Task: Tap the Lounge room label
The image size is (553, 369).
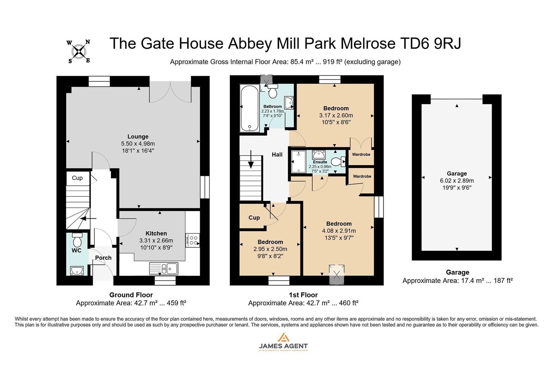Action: (x=138, y=137)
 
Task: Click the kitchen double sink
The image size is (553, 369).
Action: (x=164, y=269)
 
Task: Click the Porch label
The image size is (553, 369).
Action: (x=103, y=258)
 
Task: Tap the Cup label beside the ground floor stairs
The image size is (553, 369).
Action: (x=77, y=178)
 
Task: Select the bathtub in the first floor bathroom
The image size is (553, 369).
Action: (x=250, y=108)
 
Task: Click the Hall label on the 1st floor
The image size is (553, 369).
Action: (x=277, y=155)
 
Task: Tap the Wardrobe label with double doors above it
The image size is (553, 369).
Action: (x=361, y=154)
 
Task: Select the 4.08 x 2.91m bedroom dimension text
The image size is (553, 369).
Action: (x=339, y=231)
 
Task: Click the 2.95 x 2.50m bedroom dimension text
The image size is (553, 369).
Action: (x=270, y=249)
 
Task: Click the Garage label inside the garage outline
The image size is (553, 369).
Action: (x=456, y=174)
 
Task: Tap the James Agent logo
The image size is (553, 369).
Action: (x=283, y=342)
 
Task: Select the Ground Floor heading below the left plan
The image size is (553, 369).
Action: (x=131, y=295)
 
